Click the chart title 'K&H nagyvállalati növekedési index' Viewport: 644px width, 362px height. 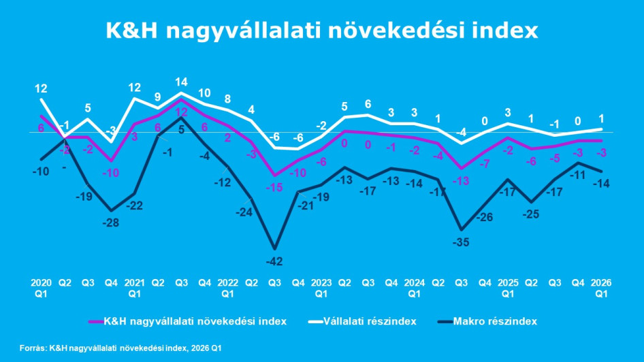pos(321,31)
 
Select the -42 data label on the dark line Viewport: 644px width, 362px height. pos(275,261)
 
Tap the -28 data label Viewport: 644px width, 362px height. pos(111,223)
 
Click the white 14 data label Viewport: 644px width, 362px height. pos(181,82)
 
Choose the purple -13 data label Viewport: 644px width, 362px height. pos(462,180)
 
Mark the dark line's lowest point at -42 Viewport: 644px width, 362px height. pos(274,248)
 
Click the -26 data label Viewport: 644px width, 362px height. pos(485,217)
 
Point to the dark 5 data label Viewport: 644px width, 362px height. pos(181,129)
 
